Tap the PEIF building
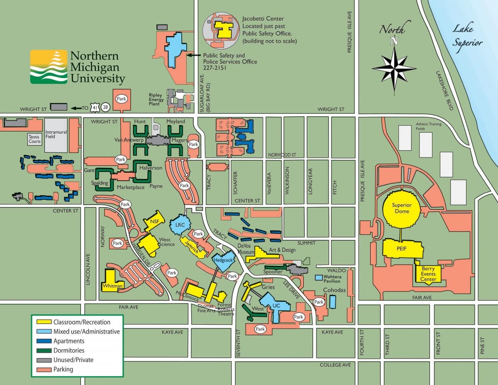point(401,249)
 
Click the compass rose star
point(394,66)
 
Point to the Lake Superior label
point(467,35)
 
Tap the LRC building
point(180,225)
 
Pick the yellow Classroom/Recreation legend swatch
point(43,322)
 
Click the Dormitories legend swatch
point(43,351)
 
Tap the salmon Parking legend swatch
point(43,369)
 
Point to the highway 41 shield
point(96,108)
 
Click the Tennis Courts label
point(34,139)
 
